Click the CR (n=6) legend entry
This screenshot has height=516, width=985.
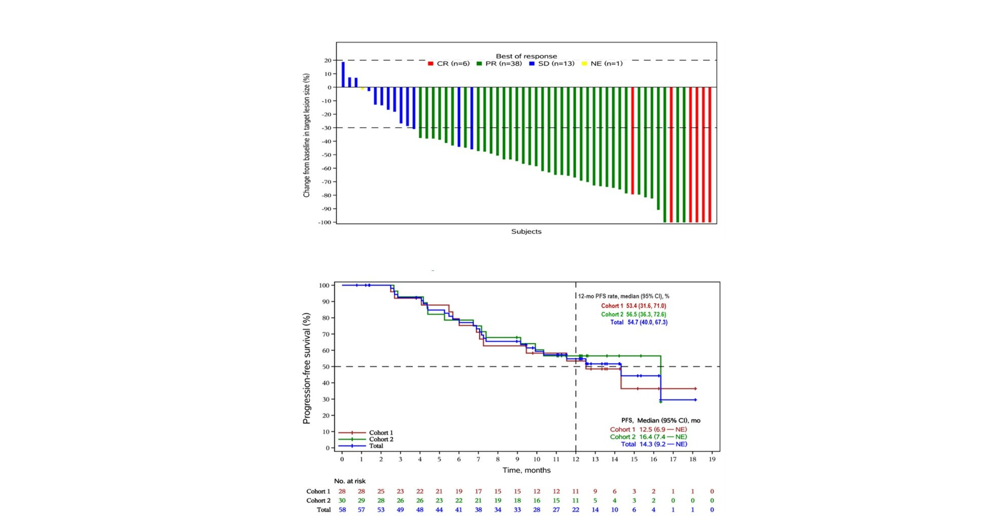[x=449, y=64]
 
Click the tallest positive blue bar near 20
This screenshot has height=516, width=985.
[x=343, y=74]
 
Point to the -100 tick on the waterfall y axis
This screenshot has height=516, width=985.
[x=324, y=222]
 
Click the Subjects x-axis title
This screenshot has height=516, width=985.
[x=526, y=231]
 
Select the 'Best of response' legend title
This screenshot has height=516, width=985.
[x=526, y=56]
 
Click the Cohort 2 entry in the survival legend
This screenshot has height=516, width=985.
[x=380, y=439]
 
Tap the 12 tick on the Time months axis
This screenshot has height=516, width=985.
[x=576, y=459]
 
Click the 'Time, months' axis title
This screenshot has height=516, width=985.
[x=526, y=470]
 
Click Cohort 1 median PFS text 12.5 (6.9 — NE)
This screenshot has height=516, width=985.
[x=648, y=429]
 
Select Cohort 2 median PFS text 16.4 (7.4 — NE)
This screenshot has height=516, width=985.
[x=648, y=437]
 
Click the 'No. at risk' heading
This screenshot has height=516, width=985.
[x=349, y=481]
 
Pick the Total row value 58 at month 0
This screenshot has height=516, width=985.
[x=342, y=509]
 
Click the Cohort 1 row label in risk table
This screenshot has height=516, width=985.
[x=318, y=491]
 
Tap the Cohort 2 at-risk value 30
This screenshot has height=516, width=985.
[x=342, y=500]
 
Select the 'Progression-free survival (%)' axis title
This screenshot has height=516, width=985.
[x=306, y=368]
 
